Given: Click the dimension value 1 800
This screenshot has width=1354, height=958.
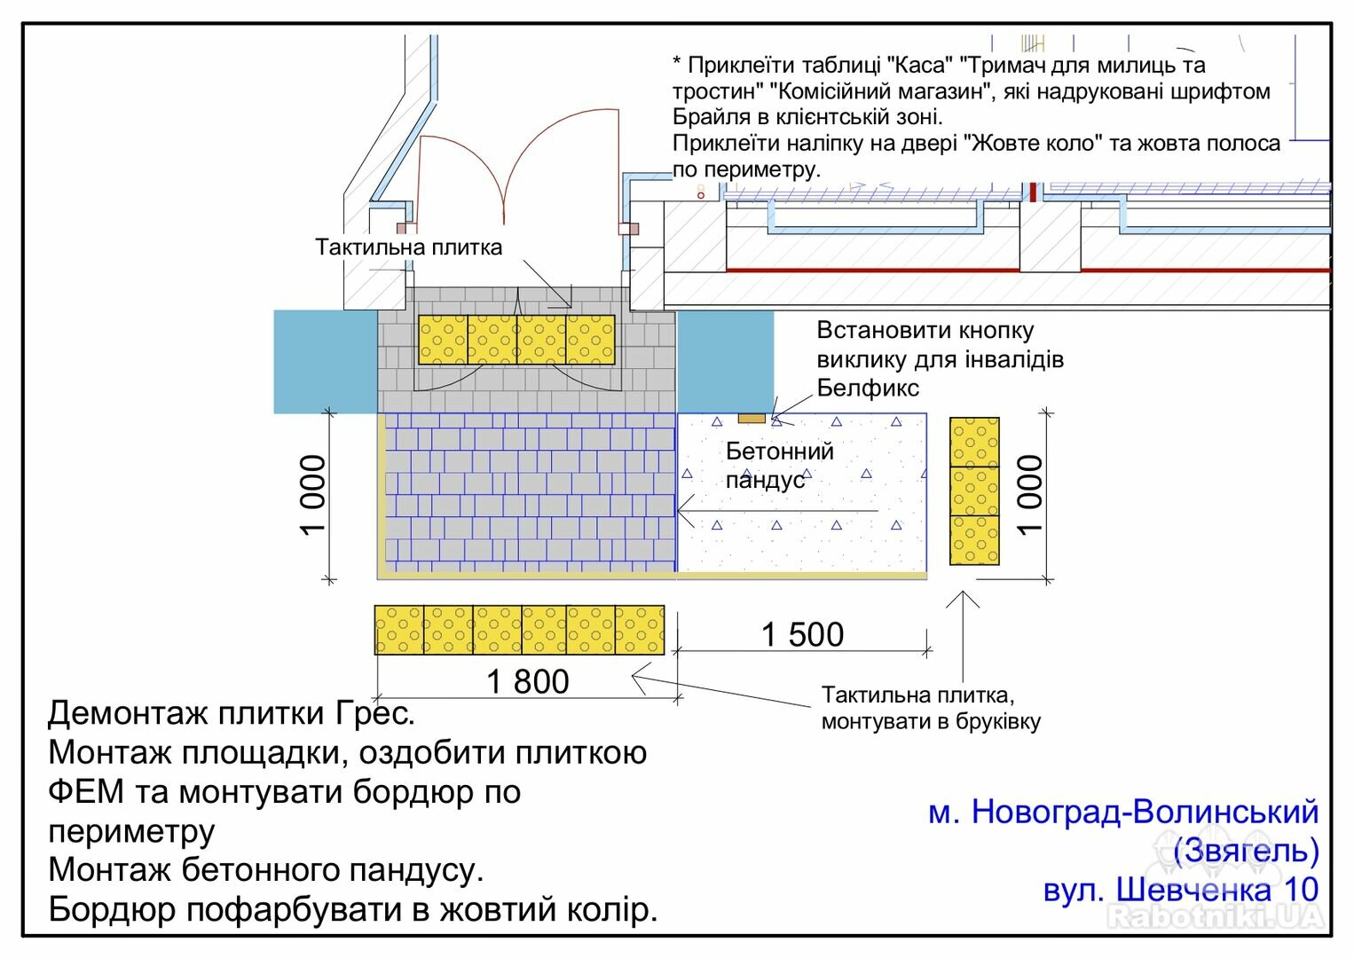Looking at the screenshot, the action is point(528,682).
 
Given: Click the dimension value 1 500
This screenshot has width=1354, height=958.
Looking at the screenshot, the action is point(802,634).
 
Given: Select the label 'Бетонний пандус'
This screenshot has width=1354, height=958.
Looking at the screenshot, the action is point(779,466).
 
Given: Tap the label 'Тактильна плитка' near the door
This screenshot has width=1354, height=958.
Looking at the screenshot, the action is point(409,247).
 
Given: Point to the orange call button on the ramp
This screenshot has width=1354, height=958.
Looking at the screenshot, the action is point(752,419).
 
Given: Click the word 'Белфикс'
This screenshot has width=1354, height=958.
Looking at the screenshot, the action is point(868,388).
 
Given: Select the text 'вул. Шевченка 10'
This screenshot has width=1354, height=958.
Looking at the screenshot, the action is point(1181,889).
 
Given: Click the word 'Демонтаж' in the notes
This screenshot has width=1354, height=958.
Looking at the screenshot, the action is point(127,713).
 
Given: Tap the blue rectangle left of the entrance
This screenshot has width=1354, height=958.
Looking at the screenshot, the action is point(326,362).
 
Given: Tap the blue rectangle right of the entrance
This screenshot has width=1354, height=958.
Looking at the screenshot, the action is point(726,362).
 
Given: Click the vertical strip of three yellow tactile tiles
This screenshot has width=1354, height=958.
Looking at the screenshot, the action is point(974,491).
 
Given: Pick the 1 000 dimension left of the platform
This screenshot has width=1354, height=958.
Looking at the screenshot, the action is point(313,495).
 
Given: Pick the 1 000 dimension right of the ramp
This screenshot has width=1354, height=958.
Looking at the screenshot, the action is point(1030,495).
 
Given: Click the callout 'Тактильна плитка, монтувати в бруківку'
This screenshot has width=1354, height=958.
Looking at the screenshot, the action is point(931,709).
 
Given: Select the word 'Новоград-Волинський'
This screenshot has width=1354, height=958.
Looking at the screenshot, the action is point(1145,812).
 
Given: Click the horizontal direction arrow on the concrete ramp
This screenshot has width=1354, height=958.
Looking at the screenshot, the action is point(777,511).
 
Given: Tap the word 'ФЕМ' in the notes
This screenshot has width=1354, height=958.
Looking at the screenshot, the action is point(86,791).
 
